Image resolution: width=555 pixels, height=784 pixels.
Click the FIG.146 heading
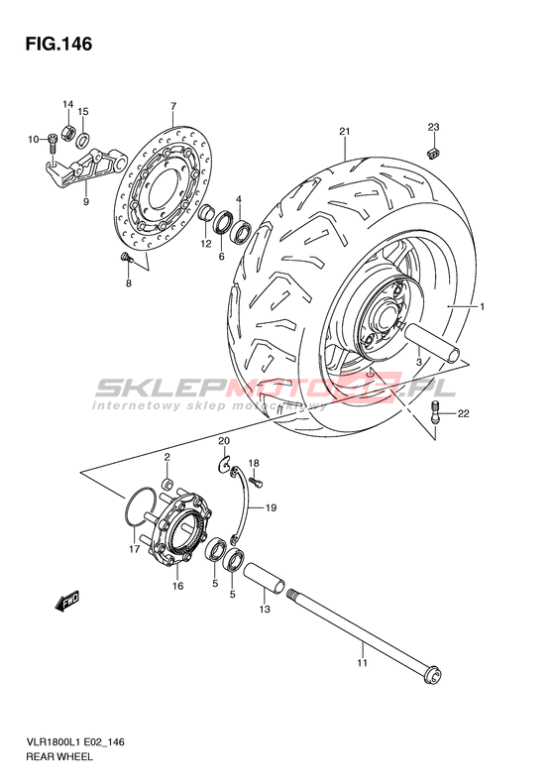(58, 44)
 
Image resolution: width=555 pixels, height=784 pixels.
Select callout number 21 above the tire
(344, 132)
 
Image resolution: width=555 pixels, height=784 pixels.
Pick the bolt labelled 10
(52, 144)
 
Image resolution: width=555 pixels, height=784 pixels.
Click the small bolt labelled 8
(125, 258)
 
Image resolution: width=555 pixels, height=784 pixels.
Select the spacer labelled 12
(206, 213)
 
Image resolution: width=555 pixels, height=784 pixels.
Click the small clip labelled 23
(433, 153)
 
